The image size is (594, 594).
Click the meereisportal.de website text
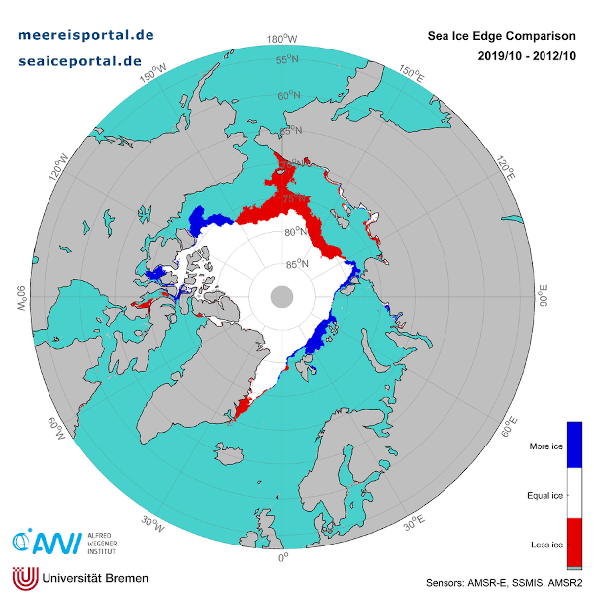(x=87, y=34)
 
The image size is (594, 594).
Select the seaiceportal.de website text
(x=80, y=60)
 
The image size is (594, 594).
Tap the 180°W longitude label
(x=283, y=40)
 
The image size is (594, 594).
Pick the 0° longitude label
(x=283, y=556)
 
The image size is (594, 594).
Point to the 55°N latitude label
(x=287, y=60)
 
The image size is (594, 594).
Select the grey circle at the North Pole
(x=282, y=296)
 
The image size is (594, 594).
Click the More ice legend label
(x=544, y=446)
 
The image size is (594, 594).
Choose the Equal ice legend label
(x=544, y=494)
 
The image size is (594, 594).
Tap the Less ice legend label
(x=545, y=544)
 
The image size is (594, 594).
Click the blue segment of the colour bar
(x=574, y=444)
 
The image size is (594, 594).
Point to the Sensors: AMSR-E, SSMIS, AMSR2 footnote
(x=503, y=581)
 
